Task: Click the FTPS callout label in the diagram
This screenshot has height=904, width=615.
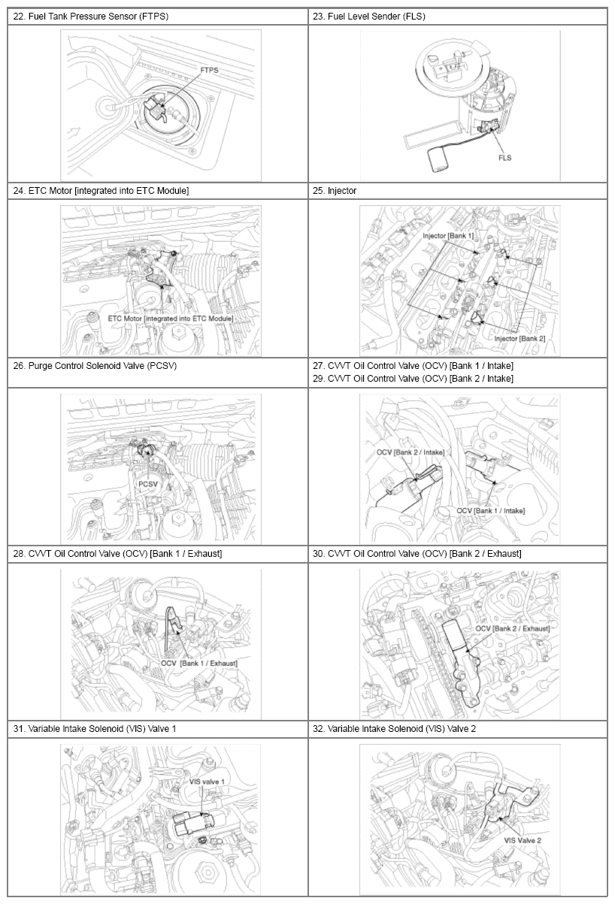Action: pyautogui.click(x=209, y=70)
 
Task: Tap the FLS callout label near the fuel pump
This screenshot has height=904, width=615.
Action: pyautogui.click(x=504, y=158)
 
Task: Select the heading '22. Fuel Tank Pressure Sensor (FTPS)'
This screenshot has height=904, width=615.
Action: pyautogui.click(x=91, y=17)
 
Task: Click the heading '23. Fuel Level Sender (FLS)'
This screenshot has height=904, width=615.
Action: pyautogui.click(x=368, y=17)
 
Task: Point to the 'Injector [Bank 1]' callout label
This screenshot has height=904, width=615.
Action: pyautogui.click(x=448, y=236)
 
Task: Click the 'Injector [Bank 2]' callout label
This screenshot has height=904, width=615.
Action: pyautogui.click(x=520, y=339)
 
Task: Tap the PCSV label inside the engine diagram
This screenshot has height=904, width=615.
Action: pyautogui.click(x=148, y=484)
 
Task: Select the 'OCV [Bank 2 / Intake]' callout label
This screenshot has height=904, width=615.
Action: pyautogui.click(x=411, y=452)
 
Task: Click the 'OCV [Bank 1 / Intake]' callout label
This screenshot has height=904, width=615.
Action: pyautogui.click(x=491, y=511)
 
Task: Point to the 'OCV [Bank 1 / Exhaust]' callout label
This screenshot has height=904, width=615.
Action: pyautogui.click(x=199, y=663)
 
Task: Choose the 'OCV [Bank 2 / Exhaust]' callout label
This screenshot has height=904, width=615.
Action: pyautogui.click(x=513, y=628)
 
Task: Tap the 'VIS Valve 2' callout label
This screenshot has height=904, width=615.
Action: pyautogui.click(x=523, y=840)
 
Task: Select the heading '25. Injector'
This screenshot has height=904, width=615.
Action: pyautogui.click(x=335, y=191)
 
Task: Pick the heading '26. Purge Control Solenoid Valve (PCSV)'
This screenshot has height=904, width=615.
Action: pyautogui.click(x=95, y=366)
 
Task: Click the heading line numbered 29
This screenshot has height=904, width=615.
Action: pyautogui.click(x=413, y=379)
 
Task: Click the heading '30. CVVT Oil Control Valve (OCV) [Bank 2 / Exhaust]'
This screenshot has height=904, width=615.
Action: pyautogui.click(x=417, y=554)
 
